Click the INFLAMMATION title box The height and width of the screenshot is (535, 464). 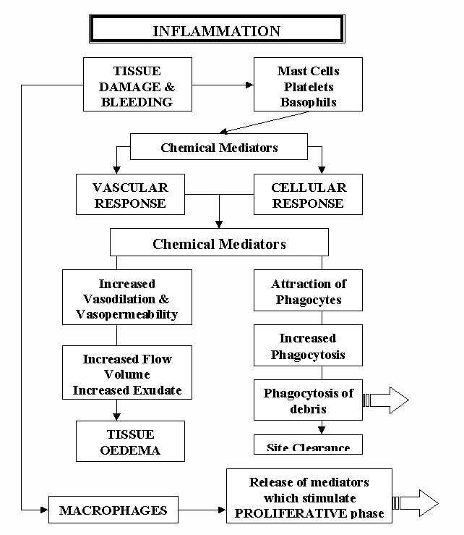[216, 31]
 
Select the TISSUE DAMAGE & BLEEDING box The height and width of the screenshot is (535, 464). [137, 85]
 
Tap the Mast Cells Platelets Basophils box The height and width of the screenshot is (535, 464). [308, 85]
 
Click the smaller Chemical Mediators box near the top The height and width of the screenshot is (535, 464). [219, 148]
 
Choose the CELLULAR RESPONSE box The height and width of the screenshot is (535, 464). [308, 195]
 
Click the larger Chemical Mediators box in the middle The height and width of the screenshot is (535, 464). [219, 244]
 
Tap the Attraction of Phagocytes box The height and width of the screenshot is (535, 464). [308, 292]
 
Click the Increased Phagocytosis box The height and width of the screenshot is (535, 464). [308, 346]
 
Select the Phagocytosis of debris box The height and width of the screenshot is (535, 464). [308, 400]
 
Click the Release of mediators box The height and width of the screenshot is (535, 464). [309, 497]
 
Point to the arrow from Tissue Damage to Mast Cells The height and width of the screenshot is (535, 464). [223, 85]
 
